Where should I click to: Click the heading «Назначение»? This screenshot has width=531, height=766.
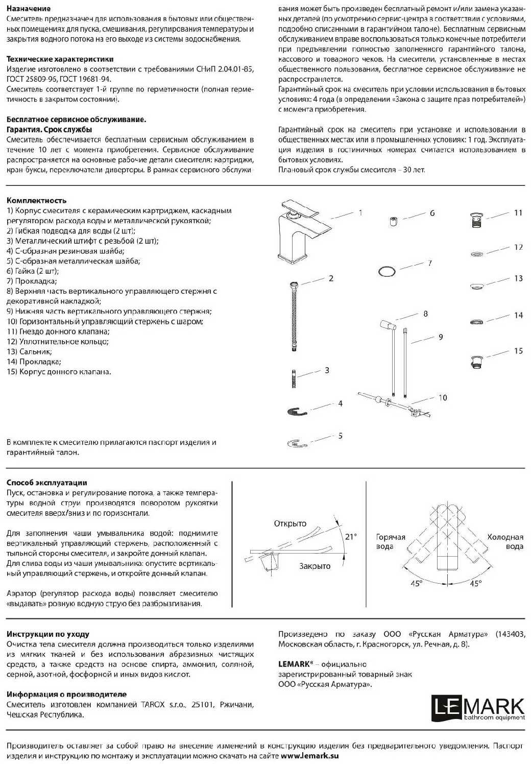[x=29, y=9]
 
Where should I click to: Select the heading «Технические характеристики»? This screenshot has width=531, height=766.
[x=60, y=59]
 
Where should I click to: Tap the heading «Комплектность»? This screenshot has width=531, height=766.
[x=36, y=201]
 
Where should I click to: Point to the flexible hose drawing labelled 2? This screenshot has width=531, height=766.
[x=293, y=316]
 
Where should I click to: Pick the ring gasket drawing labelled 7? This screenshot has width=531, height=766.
[x=387, y=271]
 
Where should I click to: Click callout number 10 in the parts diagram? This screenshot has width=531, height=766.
[x=442, y=397]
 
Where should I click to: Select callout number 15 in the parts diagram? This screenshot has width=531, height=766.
[x=518, y=351]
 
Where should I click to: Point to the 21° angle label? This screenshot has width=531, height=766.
[x=351, y=536]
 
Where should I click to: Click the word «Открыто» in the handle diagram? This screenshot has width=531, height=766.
[x=290, y=523]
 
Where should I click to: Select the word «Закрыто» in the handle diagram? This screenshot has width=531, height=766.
[x=315, y=566]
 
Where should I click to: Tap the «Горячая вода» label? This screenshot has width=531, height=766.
[x=391, y=542]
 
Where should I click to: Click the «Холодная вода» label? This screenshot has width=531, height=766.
[x=505, y=542]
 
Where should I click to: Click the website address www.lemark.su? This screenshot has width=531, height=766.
[x=309, y=755]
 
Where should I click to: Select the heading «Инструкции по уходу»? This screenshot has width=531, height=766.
[x=48, y=634]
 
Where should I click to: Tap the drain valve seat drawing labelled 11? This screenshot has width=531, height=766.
[x=476, y=220]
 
